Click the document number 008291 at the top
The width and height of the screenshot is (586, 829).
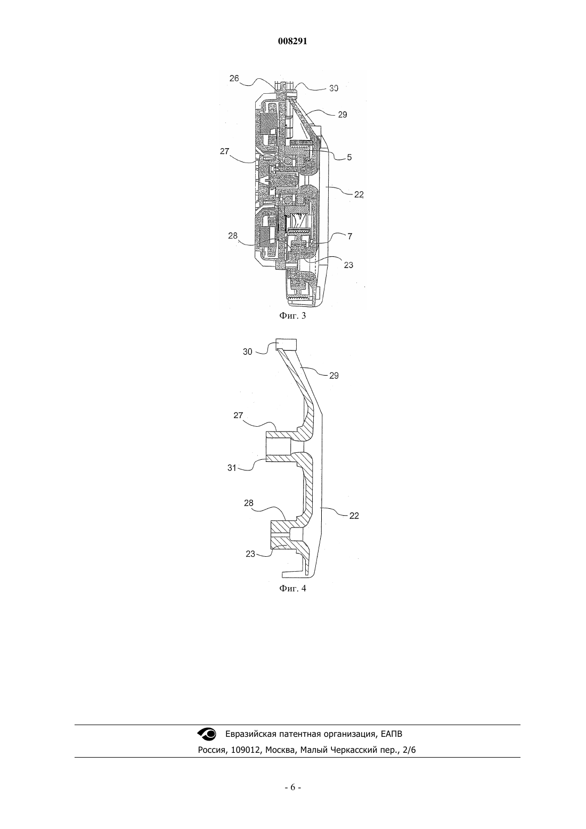click(292, 42)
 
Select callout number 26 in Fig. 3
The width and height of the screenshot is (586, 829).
click(234, 78)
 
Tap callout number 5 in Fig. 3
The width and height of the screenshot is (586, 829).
click(349, 157)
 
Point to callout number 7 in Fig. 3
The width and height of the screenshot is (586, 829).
click(350, 236)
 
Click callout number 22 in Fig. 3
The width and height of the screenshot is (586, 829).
click(359, 194)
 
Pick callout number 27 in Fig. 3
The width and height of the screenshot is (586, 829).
click(225, 151)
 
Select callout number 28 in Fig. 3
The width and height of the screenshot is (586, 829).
click(233, 235)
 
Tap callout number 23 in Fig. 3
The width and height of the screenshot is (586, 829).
click(348, 265)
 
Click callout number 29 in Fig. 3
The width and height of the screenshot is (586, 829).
click(343, 115)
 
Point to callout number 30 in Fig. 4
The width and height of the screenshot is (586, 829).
click(248, 352)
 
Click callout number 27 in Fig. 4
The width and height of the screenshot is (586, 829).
click(238, 415)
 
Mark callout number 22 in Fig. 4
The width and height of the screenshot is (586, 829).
click(354, 516)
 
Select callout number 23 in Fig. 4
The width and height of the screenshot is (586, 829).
click(250, 554)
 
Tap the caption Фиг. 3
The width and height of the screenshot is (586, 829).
click(292, 316)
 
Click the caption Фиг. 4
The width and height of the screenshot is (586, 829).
click(292, 589)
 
